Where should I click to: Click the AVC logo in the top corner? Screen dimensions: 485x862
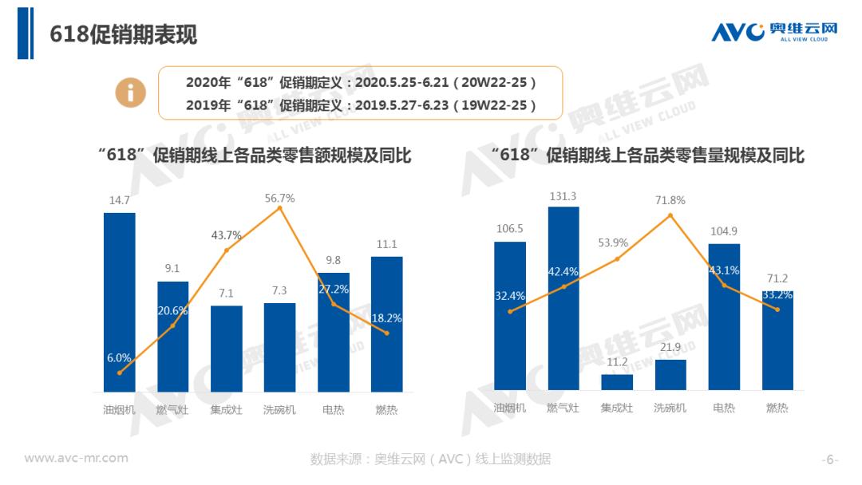coord(774,32)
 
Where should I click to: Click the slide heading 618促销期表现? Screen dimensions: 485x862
coord(123,34)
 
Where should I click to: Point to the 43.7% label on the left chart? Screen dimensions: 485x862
coord(226,235)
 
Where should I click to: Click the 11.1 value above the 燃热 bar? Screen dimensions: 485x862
coord(387,245)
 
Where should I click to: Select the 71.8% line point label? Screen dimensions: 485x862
coord(670,200)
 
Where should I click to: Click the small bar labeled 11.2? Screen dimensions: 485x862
coord(617,382)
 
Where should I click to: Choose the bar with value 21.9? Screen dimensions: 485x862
coord(670,375)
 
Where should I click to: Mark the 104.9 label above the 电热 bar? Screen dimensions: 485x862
coord(724,231)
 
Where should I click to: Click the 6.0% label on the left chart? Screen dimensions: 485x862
coord(120,357)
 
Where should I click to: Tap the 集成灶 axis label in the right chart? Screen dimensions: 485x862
coord(617,408)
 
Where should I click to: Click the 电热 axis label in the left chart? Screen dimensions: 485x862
coord(333,410)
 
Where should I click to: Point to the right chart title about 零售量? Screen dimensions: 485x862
coord(647,155)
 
